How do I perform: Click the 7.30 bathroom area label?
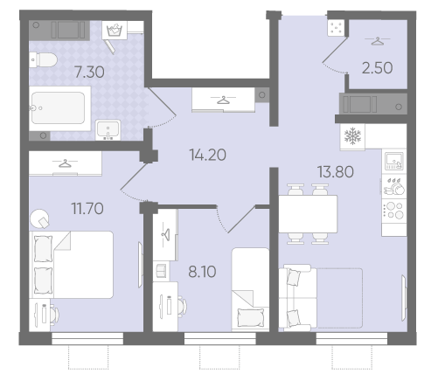pyautogui.click(x=89, y=72)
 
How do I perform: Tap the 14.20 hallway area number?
pyautogui.click(x=207, y=155)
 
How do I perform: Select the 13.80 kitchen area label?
pyautogui.click(x=336, y=171)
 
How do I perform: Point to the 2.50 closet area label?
pyautogui.click(x=377, y=68)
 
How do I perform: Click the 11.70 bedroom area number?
pyautogui.click(x=87, y=209)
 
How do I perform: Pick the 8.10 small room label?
pyautogui.click(x=202, y=272)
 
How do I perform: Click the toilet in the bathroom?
pyautogui.click(x=43, y=59)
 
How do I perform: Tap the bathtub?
pyautogui.click(x=59, y=108)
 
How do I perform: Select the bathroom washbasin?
pyautogui.click(x=108, y=130)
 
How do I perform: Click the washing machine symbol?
pyautogui.click(x=115, y=30)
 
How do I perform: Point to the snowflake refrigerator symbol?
pyautogui.click(x=352, y=136)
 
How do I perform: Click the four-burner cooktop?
pyautogui.click(x=394, y=211)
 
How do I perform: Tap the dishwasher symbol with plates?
pyautogui.click(x=394, y=187)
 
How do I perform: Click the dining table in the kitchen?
pyautogui.click(x=308, y=214)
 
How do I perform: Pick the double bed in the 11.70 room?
pyautogui.click(x=72, y=265)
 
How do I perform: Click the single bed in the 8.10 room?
pyautogui.click(x=250, y=289)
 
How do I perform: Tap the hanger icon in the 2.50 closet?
pyautogui.click(x=377, y=41)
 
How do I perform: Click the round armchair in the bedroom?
pyautogui.click(x=39, y=218)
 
